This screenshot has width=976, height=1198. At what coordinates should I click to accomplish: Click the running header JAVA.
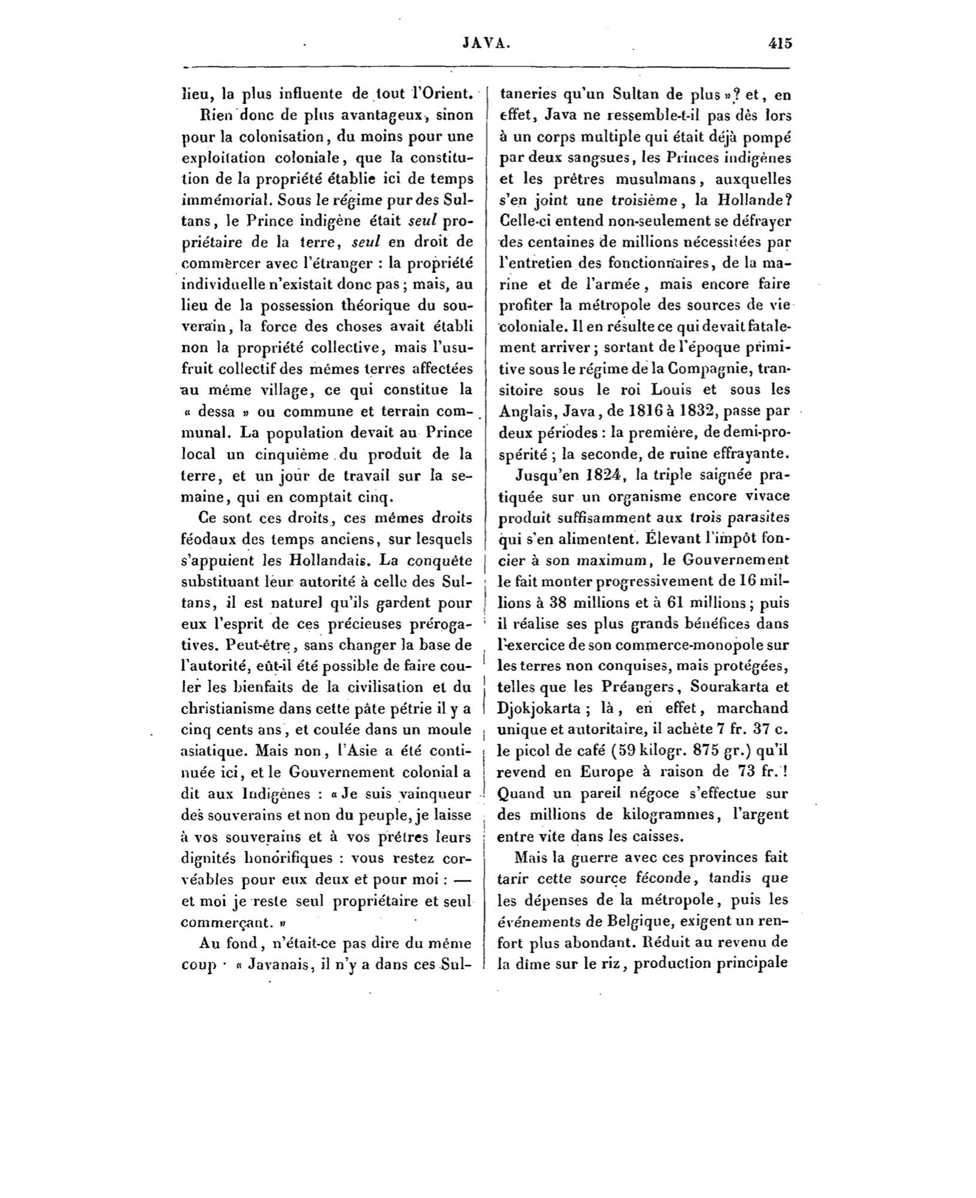486,43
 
